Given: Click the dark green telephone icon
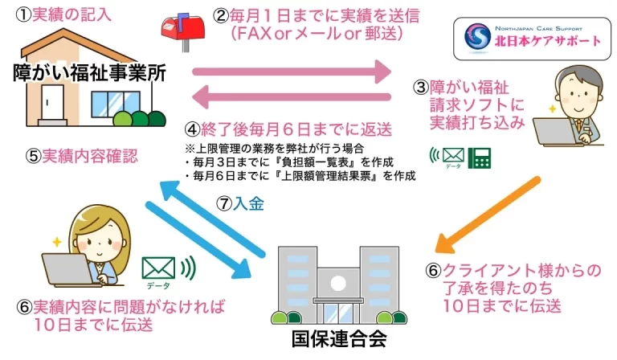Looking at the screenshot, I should (x=481, y=158).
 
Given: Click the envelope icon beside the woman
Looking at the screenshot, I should (x=158, y=266).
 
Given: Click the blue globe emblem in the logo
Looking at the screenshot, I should (x=479, y=35).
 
